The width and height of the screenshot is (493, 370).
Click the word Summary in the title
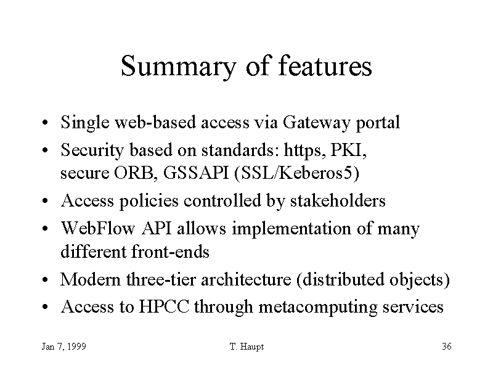point(178,67)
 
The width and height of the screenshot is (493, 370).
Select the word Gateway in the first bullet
point(316,123)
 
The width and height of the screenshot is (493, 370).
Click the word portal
point(378,123)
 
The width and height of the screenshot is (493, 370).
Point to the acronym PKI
point(349,150)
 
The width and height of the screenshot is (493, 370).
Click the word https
point(304,150)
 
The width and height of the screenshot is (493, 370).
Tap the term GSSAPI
point(195,173)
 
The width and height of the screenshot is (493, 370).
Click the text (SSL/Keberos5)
point(297,173)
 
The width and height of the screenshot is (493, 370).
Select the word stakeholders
point(338,200)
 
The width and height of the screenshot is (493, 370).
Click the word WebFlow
point(98,228)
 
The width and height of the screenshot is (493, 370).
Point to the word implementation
point(291,229)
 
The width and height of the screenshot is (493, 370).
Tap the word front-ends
point(170,252)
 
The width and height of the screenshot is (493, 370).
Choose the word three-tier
point(161,279)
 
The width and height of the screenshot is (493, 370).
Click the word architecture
point(246,279)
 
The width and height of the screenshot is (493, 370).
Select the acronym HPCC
point(164,306)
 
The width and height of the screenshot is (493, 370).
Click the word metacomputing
point(317,307)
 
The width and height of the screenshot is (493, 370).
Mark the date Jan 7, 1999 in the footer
point(64,347)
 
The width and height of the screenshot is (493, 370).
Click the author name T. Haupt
point(247,347)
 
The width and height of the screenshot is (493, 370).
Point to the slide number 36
point(447,347)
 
